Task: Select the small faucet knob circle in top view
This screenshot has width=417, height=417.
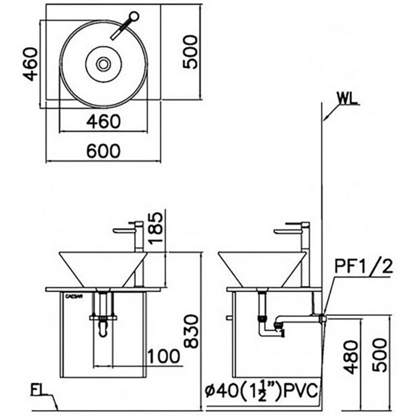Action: coord(133,16)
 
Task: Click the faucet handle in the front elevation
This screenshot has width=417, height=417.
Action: coord(125,229)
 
